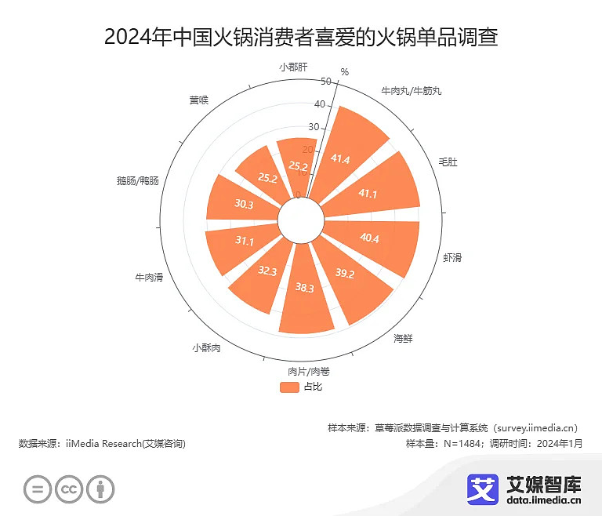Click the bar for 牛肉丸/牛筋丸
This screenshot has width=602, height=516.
point(353,145)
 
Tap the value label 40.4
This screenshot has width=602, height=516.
point(369,238)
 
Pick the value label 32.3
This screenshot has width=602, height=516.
point(267,271)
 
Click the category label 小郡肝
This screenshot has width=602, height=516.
point(294,66)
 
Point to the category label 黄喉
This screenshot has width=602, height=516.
point(198,100)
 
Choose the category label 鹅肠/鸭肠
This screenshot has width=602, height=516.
point(137,181)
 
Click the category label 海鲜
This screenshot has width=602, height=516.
point(403,339)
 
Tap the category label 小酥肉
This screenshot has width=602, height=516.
point(206,347)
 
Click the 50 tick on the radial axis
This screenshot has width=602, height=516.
point(326,81)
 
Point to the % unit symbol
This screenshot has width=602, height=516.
point(344,72)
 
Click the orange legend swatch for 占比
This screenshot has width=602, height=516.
point(289,387)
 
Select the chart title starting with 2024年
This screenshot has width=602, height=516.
point(301,36)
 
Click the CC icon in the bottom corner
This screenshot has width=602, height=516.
point(69,489)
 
